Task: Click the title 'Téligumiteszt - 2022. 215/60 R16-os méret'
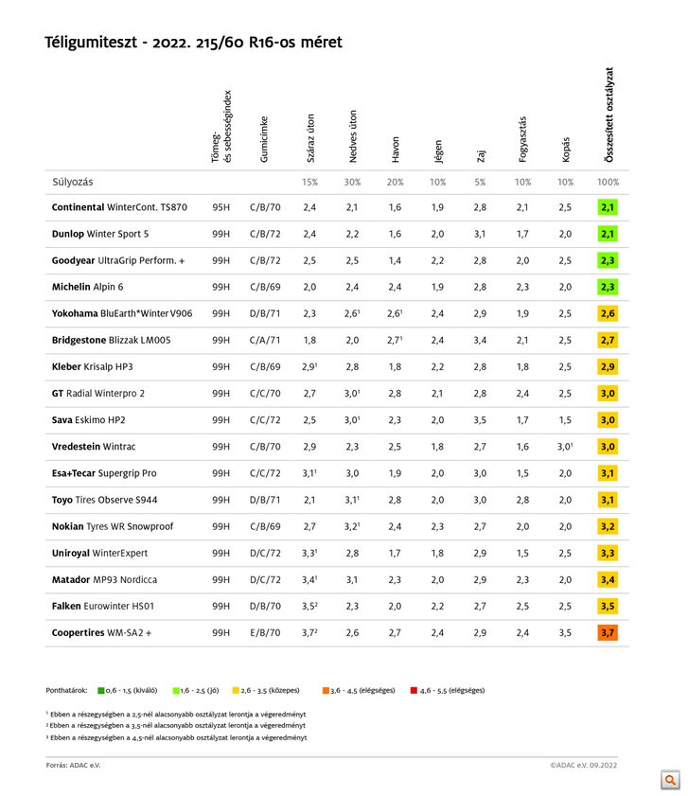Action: pos(194,43)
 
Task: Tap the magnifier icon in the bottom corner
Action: pos(671,780)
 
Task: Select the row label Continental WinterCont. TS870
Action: pos(119,206)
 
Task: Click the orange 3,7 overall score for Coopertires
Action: pos(608,632)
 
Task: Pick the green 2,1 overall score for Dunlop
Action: pos(608,233)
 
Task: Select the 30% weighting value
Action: pos(352,181)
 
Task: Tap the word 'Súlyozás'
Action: pos(73,181)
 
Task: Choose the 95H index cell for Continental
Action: pos(221,206)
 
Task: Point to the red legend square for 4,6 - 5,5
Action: pos(413,689)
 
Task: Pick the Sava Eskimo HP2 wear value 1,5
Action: pos(565,419)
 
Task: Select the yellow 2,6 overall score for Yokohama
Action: pos(608,313)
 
